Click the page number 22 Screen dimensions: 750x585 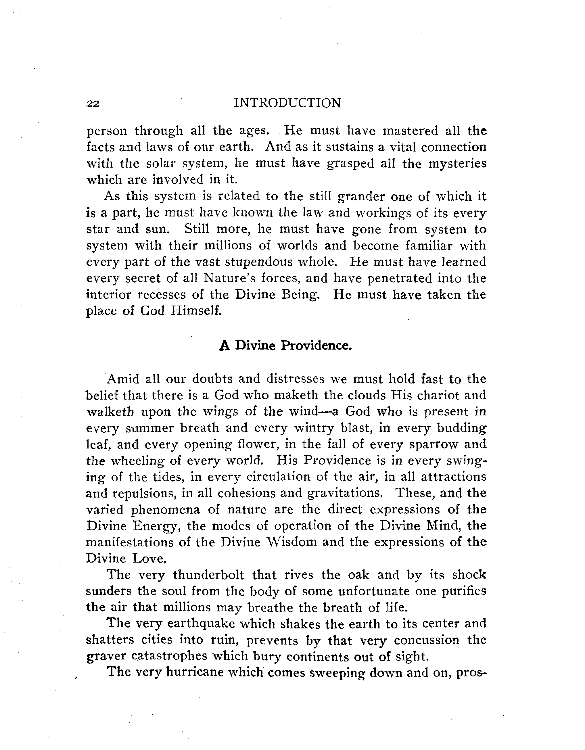click(93, 104)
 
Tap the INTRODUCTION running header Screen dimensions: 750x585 click(287, 103)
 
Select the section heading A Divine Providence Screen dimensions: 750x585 click(286, 345)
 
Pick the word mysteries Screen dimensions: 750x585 click(457, 164)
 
